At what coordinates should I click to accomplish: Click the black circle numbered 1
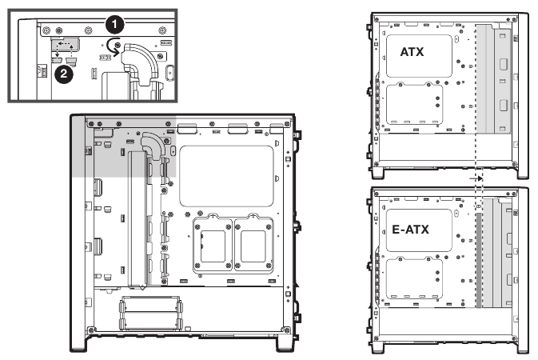tap(114, 25)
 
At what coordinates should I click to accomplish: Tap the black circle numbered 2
tap(64, 74)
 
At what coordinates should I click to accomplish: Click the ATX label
tap(412, 52)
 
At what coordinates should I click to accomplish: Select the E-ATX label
tap(410, 229)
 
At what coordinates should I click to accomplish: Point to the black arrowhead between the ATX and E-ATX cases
tap(480, 178)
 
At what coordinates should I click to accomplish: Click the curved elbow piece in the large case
tap(153, 145)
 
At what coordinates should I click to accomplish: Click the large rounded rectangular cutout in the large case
tap(227, 176)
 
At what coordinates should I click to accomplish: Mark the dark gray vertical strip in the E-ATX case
tap(479, 260)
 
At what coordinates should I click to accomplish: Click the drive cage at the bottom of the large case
tap(150, 314)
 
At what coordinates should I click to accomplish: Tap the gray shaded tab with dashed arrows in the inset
tap(66, 44)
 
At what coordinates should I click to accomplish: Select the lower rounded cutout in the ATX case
tap(414, 104)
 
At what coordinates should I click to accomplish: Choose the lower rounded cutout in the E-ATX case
tap(414, 278)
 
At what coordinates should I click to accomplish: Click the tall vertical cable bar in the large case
tap(137, 218)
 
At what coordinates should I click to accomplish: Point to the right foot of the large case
tap(285, 344)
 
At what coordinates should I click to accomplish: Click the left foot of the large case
tap(78, 344)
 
